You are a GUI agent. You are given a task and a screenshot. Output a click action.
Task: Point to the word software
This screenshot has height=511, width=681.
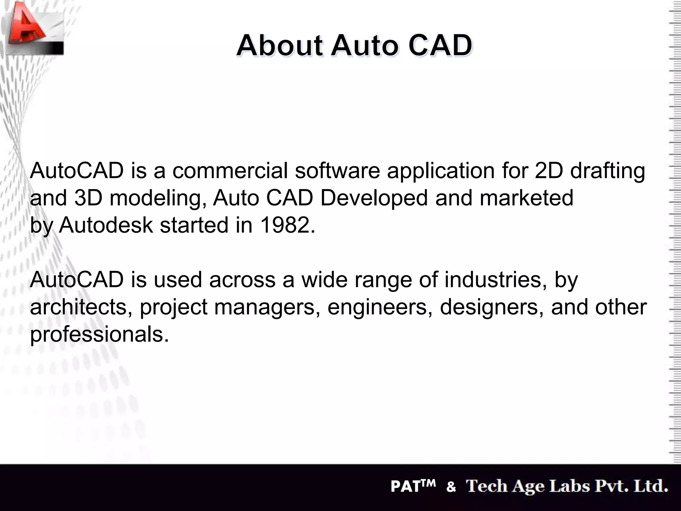337,171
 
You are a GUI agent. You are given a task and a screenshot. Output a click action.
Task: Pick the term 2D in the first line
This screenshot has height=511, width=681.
549,171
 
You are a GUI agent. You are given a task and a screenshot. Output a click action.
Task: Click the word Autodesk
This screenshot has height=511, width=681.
106,225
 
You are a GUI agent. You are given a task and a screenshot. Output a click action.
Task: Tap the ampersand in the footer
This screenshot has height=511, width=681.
451,487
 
